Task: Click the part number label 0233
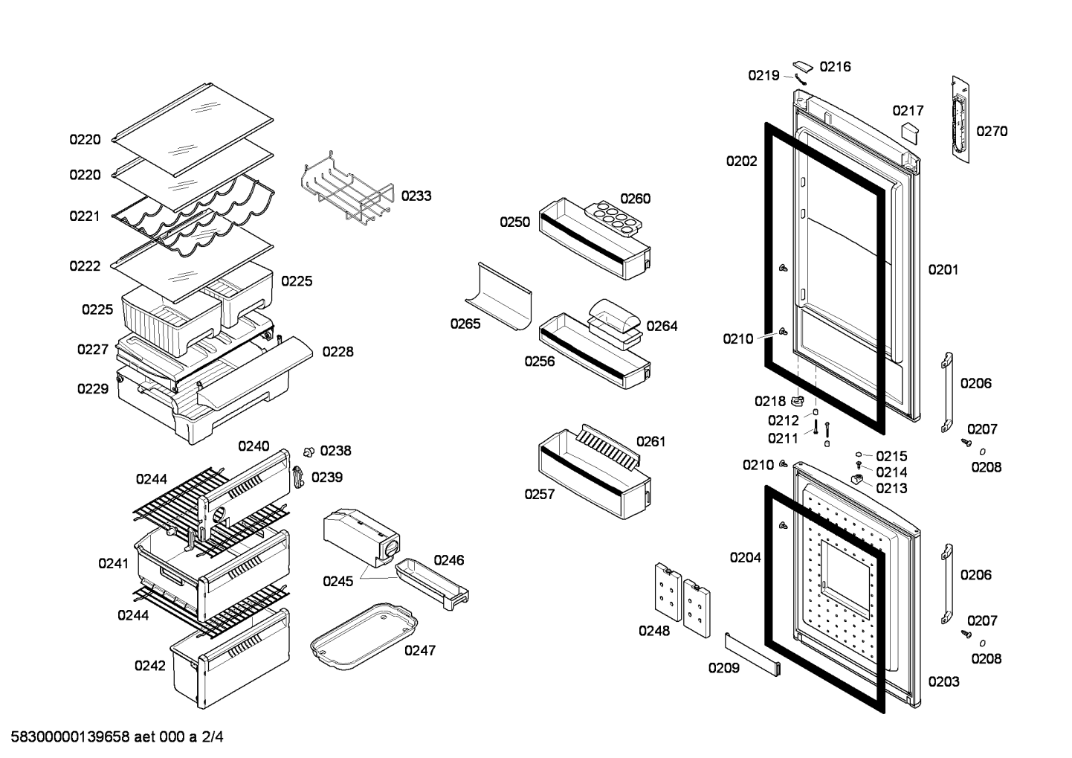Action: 416,196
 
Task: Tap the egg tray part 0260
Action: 613,219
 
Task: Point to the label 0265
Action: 465,324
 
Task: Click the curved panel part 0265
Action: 499,296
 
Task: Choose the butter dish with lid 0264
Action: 615,324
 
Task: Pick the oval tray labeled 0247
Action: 364,636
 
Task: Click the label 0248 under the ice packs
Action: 654,631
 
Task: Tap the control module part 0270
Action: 960,119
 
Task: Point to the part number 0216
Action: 835,66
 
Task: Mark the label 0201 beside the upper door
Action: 943,270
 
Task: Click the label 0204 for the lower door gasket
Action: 745,557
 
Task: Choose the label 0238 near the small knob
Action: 335,451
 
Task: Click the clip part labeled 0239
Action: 299,477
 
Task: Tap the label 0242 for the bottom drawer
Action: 149,666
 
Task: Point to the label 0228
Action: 338,351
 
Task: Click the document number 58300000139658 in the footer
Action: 71,737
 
